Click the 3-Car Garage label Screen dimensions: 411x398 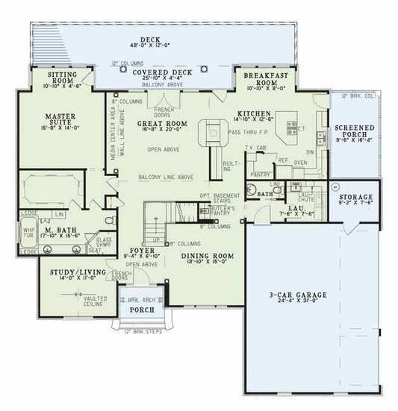coord(298,295)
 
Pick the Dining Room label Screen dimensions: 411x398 coord(208,256)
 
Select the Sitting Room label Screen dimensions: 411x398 coord(66,76)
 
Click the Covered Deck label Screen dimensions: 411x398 coord(162,72)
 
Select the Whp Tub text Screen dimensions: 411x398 coord(28,233)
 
